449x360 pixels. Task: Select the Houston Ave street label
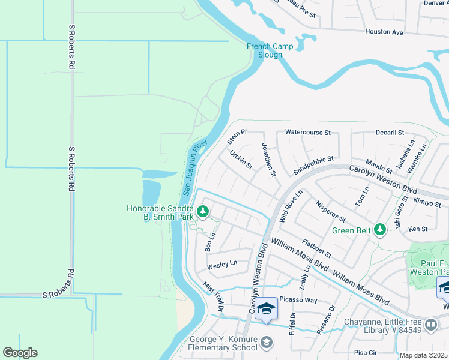click(x=384, y=32)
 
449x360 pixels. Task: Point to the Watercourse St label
click(x=308, y=132)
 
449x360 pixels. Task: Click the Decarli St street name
click(x=390, y=132)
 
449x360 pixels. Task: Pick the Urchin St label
click(x=241, y=160)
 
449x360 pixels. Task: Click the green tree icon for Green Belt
click(x=379, y=229)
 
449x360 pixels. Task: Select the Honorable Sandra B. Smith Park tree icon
click(x=203, y=211)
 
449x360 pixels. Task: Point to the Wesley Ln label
click(x=222, y=263)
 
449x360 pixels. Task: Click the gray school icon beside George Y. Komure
click(x=267, y=342)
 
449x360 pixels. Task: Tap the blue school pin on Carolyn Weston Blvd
click(x=267, y=309)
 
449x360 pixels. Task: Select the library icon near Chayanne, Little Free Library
click(x=430, y=325)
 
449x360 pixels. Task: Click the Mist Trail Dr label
click(x=213, y=297)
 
